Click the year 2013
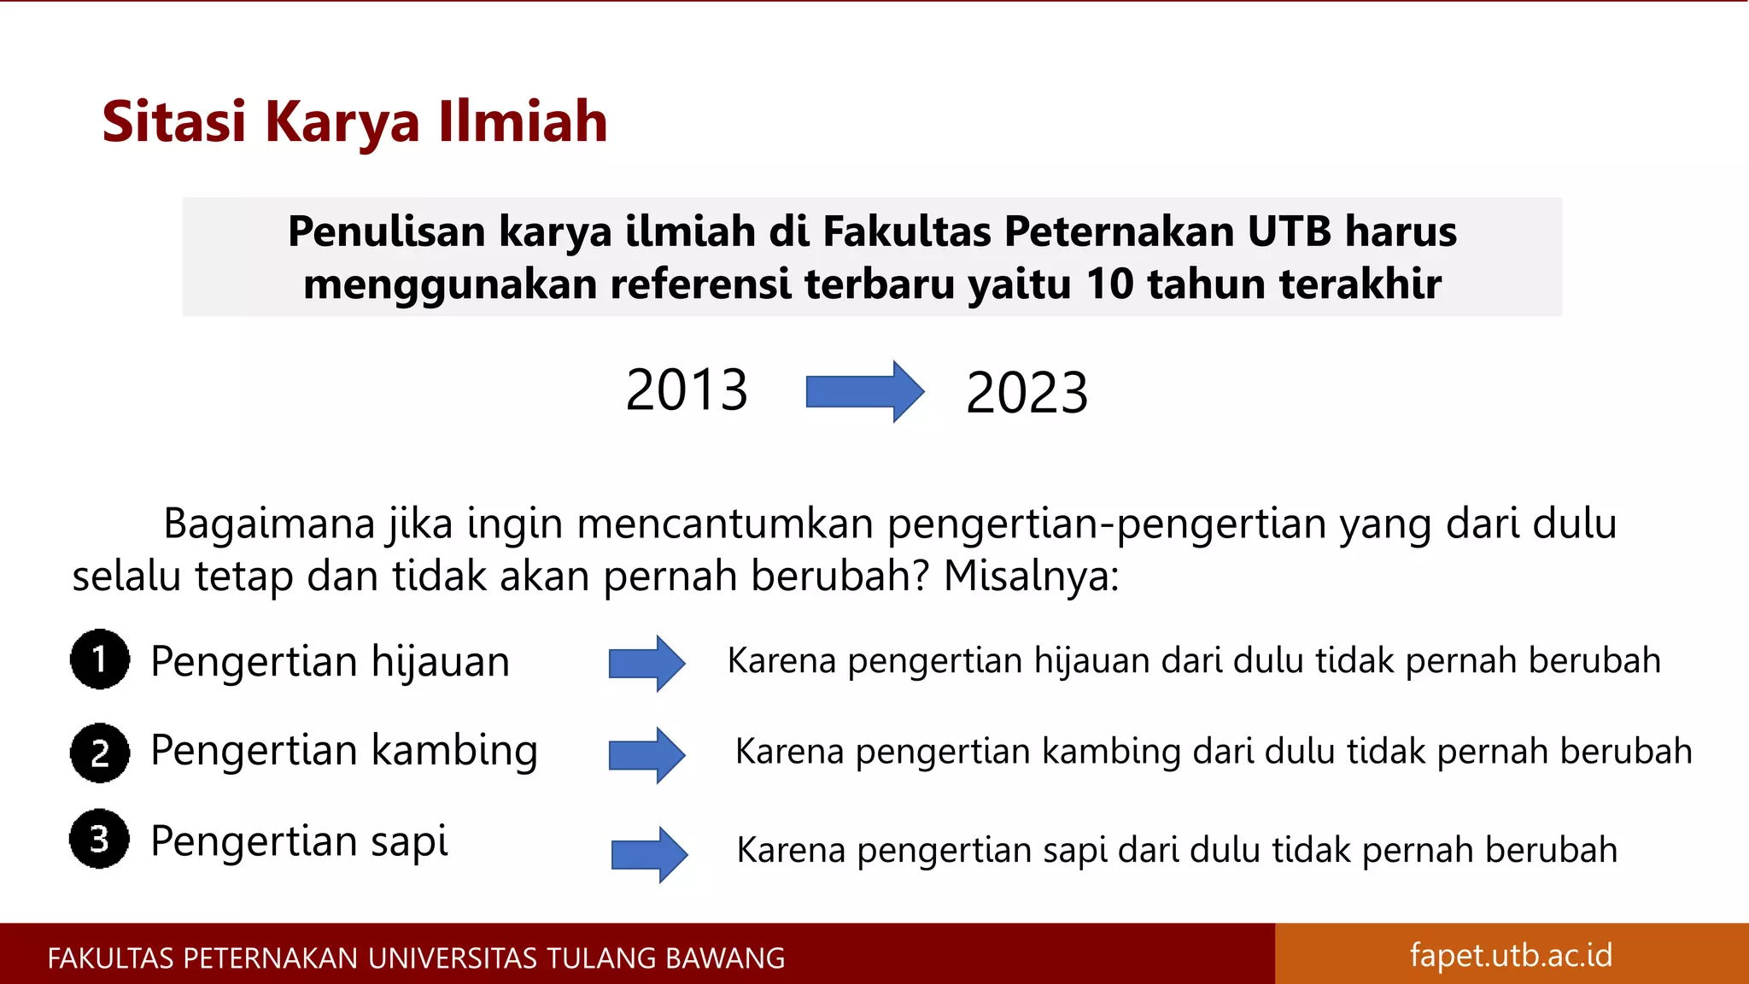[687, 390]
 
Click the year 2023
[1027, 394]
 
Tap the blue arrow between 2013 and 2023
[864, 392]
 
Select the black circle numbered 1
[100, 659]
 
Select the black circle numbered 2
[100, 753]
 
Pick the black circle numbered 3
[100, 839]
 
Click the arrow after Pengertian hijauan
[646, 663]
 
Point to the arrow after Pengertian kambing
[646, 755]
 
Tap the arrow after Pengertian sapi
[649, 854]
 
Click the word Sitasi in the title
[173, 121]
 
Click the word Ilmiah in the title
[523, 121]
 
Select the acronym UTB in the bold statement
[1289, 231]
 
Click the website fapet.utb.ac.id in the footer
[1511, 955]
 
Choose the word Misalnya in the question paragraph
[1029, 576]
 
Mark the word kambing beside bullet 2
[454, 751]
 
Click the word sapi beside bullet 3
[409, 841]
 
